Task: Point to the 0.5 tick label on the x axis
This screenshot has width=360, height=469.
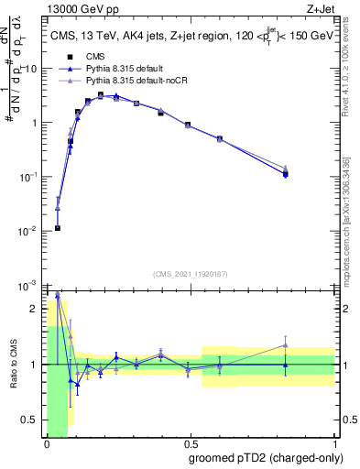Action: [x=190, y=442]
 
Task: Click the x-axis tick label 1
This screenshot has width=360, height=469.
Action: [x=333, y=442]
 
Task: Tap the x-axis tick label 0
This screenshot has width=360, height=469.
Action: [x=47, y=442]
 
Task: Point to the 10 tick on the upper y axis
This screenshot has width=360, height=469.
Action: [x=32, y=69]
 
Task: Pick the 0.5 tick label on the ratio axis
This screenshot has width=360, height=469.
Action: [x=32, y=420]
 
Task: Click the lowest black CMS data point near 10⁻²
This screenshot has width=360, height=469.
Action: [x=58, y=228]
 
